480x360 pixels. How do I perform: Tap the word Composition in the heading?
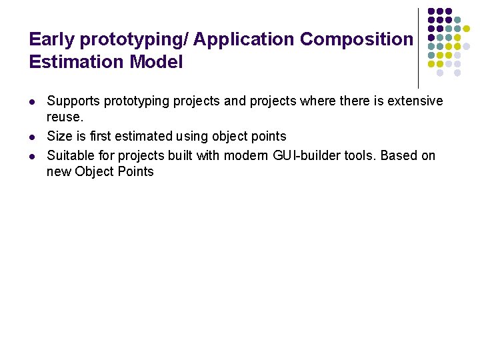[357, 39]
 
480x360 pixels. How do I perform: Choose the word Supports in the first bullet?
[72, 101]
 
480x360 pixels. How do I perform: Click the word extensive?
[413, 101]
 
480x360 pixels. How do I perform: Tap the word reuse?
[65, 117]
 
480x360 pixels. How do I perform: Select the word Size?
[59, 137]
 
